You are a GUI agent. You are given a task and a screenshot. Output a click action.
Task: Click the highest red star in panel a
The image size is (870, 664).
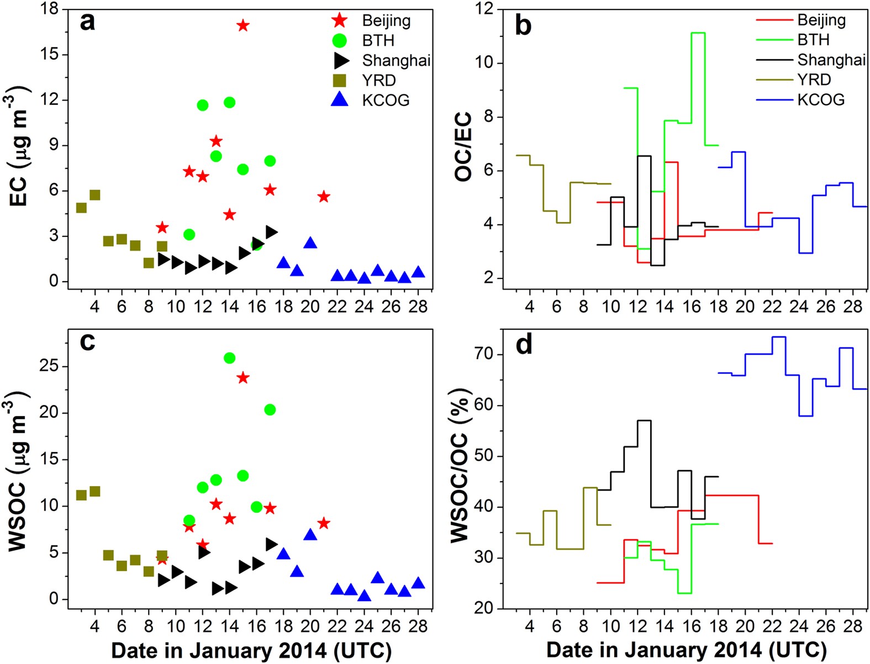[242, 25]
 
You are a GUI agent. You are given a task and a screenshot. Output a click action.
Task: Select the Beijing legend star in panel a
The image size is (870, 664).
[339, 21]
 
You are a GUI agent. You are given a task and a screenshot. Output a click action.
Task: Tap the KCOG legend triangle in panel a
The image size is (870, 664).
[339, 99]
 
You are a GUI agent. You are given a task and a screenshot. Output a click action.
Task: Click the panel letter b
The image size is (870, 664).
[523, 25]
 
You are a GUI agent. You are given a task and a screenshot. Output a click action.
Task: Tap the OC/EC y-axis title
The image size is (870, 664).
[463, 146]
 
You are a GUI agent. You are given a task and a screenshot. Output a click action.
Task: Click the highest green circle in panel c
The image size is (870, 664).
[229, 358]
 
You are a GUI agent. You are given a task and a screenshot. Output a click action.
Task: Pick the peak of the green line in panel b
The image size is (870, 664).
[698, 33]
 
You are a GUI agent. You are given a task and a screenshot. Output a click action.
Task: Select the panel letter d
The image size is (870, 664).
[523, 345]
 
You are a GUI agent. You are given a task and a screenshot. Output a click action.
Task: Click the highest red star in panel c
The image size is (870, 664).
[242, 378]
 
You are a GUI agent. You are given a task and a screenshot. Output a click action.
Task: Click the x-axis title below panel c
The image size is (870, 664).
[251, 650]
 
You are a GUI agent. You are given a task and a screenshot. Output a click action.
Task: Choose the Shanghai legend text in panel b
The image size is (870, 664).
[831, 60]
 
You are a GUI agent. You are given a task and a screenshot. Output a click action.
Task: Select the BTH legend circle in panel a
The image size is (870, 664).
[339, 40]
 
